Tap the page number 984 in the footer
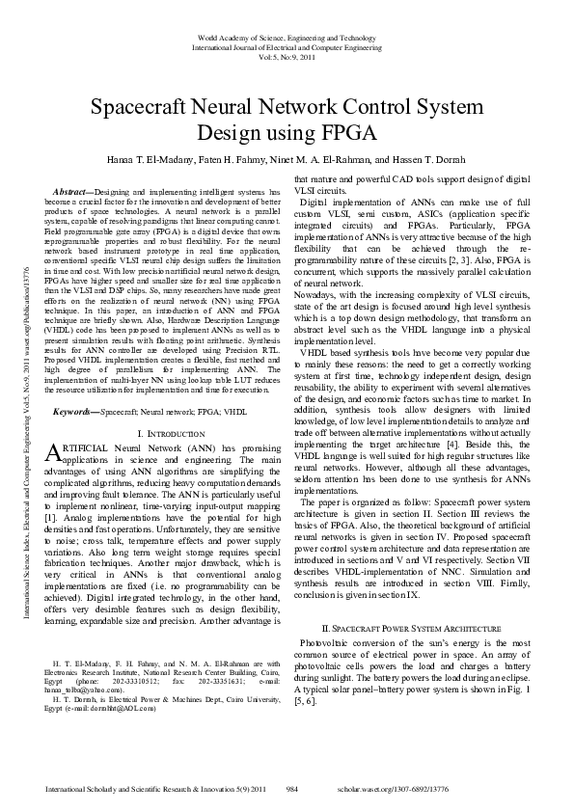point(291,789)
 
